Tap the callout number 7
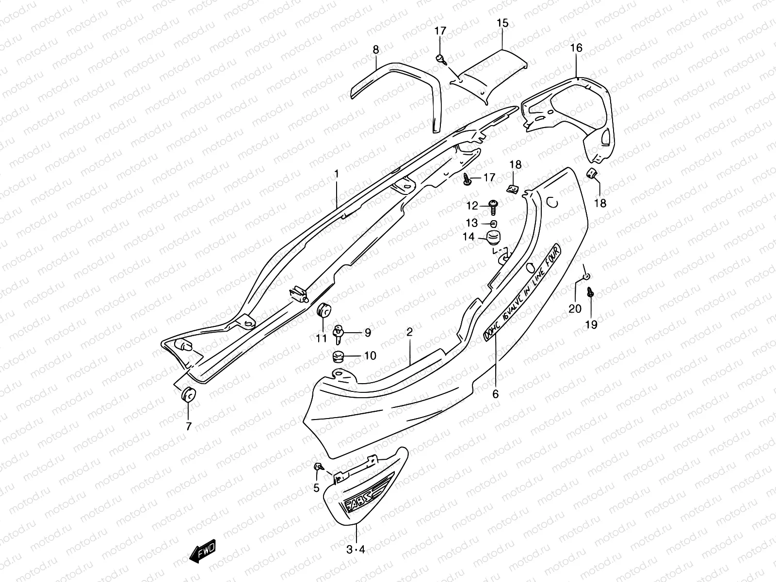click(188, 426)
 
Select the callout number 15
click(502, 23)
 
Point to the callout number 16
click(576, 48)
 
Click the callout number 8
click(376, 49)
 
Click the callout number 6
click(495, 394)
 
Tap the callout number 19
click(591, 324)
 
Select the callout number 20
click(575, 308)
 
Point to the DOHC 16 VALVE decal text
click(523, 293)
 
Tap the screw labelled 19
click(590, 292)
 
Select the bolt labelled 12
click(492, 207)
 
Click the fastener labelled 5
click(319, 467)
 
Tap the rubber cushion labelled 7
click(188, 395)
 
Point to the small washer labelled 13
click(493, 224)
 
